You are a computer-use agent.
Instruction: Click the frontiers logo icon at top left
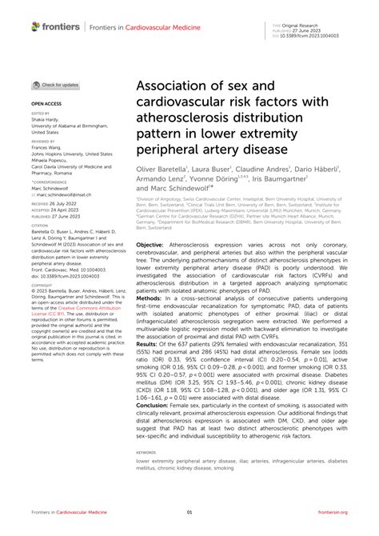click(34, 26)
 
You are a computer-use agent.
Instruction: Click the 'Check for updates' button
click(56, 84)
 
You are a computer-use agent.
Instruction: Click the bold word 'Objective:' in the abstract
click(151, 221)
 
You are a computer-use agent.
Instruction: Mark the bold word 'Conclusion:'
click(154, 404)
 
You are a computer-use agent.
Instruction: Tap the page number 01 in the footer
click(189, 512)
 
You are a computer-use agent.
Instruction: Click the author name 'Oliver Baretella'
click(161, 170)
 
